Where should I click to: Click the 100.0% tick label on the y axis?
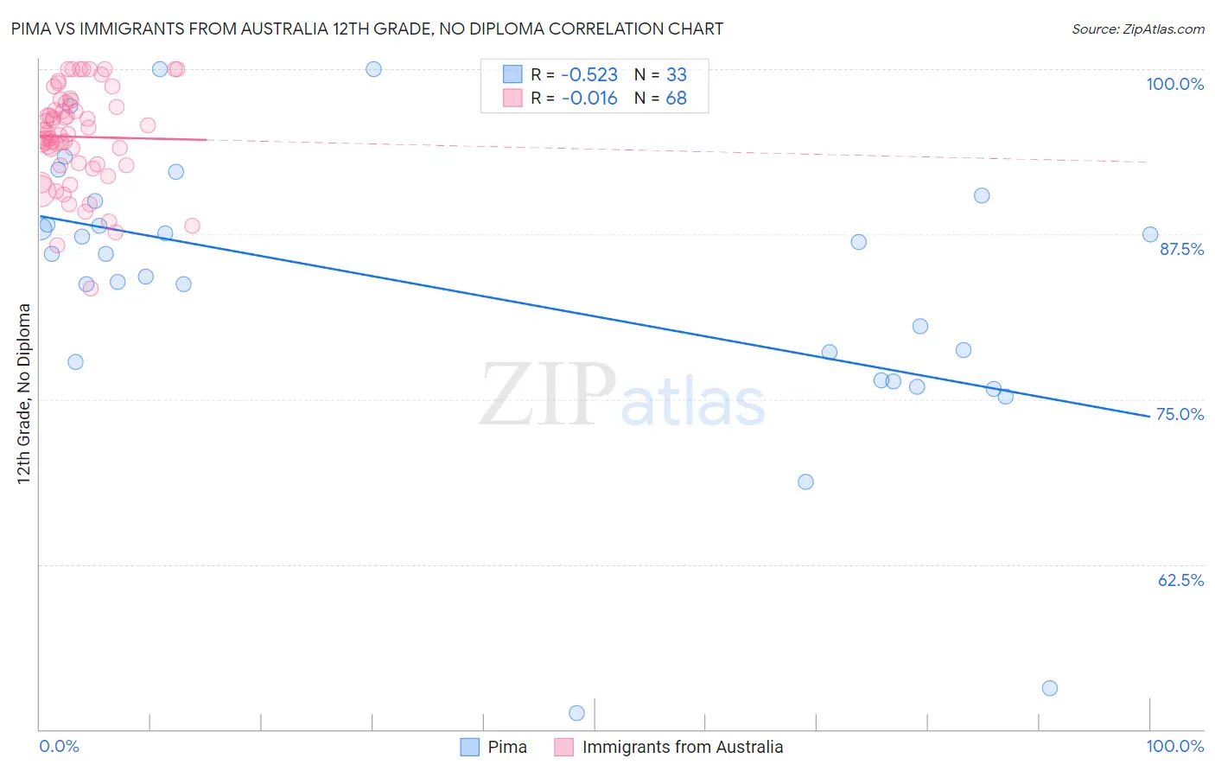click(x=1174, y=84)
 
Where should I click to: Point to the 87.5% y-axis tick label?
click(x=1181, y=249)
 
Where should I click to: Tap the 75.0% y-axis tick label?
click(x=1180, y=414)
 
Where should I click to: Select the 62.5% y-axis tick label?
click(x=1180, y=580)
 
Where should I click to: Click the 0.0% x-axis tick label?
click(x=59, y=746)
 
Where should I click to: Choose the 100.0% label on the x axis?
click(x=1174, y=746)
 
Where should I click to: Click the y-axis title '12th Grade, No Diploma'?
click(x=24, y=393)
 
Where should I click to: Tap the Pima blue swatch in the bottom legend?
click(x=470, y=747)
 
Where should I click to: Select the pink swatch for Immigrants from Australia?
click(x=563, y=747)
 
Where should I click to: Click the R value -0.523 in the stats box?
click(x=589, y=75)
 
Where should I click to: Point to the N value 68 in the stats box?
click(x=676, y=99)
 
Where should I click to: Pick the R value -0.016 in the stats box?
click(x=589, y=99)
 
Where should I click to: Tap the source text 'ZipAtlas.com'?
click(x=1162, y=29)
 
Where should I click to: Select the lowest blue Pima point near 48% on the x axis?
click(x=576, y=713)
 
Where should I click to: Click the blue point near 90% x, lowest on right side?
click(x=1050, y=688)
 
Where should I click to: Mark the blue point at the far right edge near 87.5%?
click(x=1150, y=234)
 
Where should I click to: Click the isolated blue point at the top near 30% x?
click(x=373, y=69)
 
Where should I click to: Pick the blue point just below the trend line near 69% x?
click(x=805, y=481)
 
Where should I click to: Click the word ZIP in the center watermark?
click(x=548, y=395)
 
